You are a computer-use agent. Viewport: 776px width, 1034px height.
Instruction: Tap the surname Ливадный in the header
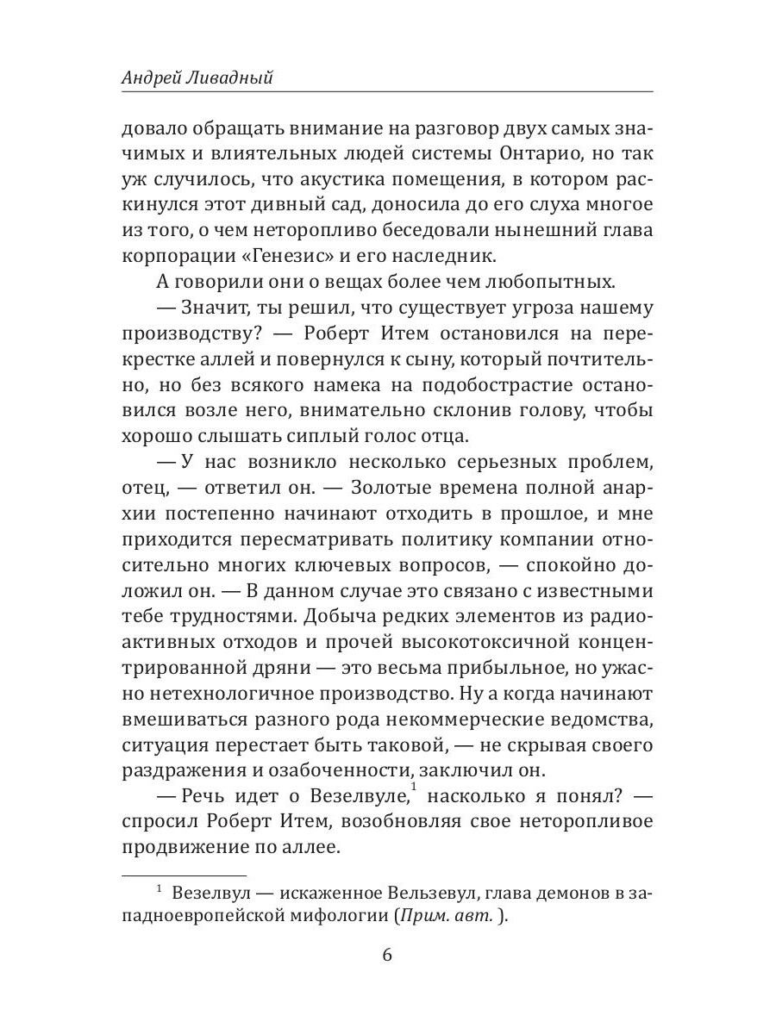click(236, 78)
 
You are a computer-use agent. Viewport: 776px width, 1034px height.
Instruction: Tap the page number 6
click(387, 956)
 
